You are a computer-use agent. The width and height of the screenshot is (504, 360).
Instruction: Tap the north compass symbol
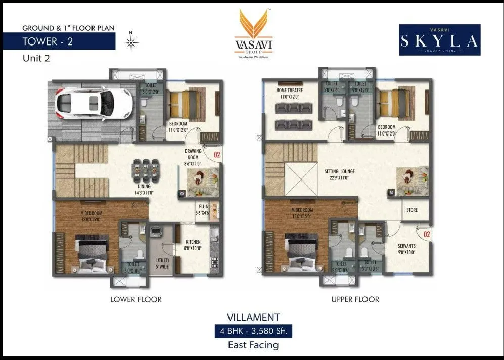coord(131,43)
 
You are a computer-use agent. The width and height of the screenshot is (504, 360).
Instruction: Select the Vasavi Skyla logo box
coord(439,40)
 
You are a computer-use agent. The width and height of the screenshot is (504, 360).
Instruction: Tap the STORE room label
coord(412,210)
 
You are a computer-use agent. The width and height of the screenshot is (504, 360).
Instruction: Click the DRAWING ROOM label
coord(193,154)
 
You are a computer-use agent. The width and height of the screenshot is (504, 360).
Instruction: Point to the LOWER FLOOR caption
coord(136,299)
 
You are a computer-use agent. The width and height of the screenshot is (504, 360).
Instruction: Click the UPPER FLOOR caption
coord(355,299)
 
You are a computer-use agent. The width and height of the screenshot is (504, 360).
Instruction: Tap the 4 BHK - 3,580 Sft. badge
coord(253,332)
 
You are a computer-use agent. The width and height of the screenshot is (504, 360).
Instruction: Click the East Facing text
coord(253,345)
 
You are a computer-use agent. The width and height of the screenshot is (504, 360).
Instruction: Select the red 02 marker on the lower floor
coord(217,155)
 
